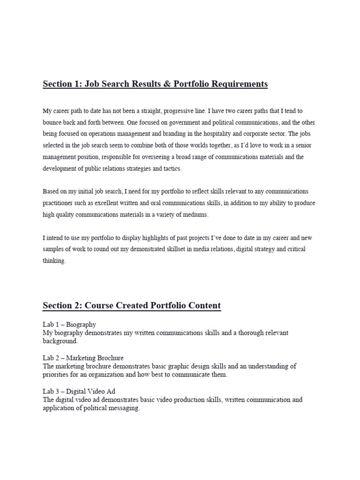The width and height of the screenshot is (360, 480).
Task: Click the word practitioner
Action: point(59,203)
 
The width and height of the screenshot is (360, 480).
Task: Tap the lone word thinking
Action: point(54,261)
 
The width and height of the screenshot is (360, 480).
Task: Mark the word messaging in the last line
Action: point(124,408)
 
